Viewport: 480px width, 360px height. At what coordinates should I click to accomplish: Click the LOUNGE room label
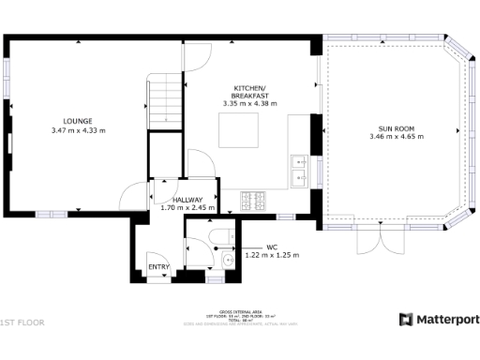(x=78, y=121)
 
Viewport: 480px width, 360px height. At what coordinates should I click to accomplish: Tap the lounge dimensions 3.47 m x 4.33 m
(x=78, y=130)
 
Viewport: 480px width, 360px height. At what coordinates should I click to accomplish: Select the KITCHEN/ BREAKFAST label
(x=251, y=92)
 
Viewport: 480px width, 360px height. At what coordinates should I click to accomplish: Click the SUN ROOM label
(x=397, y=127)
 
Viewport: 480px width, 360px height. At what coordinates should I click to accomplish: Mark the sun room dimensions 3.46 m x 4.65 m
(x=397, y=137)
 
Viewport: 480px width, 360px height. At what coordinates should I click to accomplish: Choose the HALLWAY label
(x=187, y=200)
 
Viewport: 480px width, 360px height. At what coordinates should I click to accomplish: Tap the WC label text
(x=272, y=247)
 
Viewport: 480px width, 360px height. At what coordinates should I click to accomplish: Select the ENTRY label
(x=159, y=268)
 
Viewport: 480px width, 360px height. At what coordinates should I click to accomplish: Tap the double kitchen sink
(x=301, y=170)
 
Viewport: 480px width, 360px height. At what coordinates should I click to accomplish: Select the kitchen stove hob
(x=254, y=200)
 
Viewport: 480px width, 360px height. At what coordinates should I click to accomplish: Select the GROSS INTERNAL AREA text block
(x=239, y=314)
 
